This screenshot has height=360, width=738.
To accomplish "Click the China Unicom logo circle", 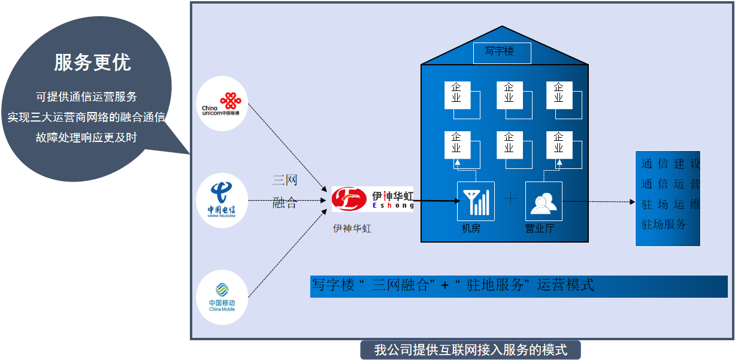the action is pos(222,104).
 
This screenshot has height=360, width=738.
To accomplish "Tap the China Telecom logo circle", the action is pos(222,200).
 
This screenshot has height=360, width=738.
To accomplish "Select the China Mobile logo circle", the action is pos(222,297).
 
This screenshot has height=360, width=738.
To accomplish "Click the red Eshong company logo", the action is pos(349,199).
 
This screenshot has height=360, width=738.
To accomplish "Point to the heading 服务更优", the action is pos(93,62).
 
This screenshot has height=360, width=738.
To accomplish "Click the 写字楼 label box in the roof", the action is pos(502,53).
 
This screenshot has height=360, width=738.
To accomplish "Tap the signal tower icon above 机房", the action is pos(476,201).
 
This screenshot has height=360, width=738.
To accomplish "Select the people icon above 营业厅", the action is pos(544,201).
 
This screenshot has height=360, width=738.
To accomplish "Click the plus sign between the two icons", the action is pos(510,198).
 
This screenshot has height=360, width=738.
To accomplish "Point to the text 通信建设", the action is pos(670,164).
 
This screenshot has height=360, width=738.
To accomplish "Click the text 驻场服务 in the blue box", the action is pos(663,224).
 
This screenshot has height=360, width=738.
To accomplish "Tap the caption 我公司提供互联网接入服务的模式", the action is pos(470,350).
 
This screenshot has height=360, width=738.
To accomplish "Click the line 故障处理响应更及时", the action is pos(86,137).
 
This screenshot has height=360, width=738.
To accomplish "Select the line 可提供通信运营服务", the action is pos(86,97).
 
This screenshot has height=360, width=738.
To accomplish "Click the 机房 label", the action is pos(471,228).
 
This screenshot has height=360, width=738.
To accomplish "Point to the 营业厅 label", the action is pos(539,228).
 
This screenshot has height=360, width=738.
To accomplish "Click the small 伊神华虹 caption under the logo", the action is pos(352,228).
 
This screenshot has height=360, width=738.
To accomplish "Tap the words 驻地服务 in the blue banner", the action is pos(495,285).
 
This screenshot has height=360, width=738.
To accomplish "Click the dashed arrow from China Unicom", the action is pos(288,147).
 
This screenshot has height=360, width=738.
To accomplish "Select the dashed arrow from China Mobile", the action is pos(288,253).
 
